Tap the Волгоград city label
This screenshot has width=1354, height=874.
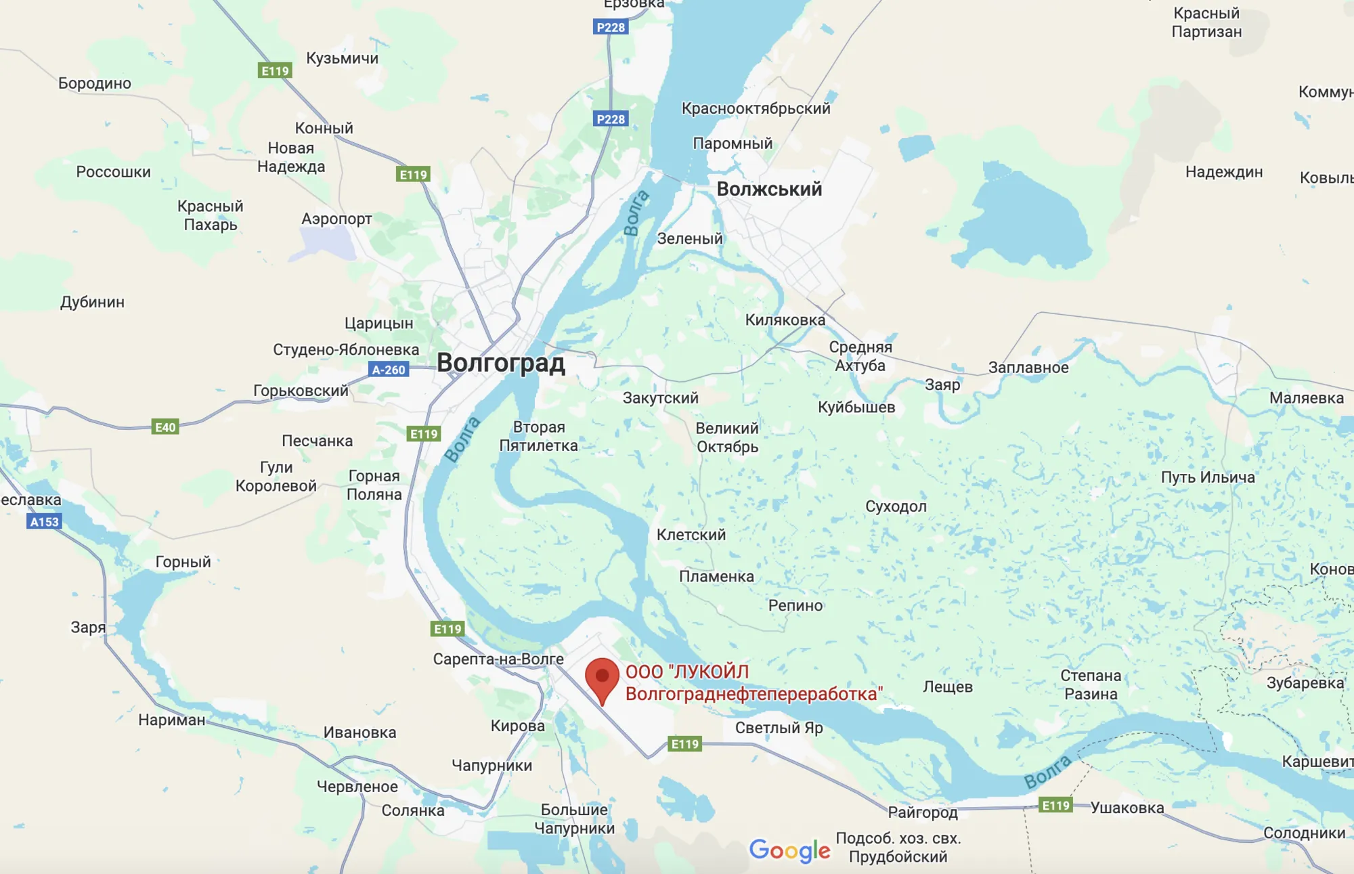[500, 363]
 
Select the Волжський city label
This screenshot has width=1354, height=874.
[769, 189]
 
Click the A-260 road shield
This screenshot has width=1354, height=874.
[389, 370]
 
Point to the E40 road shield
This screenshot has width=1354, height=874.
[165, 427]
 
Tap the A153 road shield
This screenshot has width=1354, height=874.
[45, 522]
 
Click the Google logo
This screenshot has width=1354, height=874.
[789, 850]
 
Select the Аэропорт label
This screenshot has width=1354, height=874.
[336, 219]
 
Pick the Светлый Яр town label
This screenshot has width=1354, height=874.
[779, 728]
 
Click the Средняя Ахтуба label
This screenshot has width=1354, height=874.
[860, 356]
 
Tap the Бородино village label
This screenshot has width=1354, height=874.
[95, 83]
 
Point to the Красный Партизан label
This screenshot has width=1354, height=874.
[1206, 22]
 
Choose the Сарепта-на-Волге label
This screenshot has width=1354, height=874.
[498, 659]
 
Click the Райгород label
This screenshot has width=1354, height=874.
[922, 812]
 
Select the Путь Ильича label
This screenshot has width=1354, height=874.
[1208, 477]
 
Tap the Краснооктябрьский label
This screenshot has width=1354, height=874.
[756, 108]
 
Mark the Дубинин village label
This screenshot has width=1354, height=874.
[92, 302]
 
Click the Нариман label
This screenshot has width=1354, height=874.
[171, 720]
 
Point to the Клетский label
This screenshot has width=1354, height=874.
[691, 535]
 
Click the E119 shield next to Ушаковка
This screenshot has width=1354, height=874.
[1055, 805]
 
